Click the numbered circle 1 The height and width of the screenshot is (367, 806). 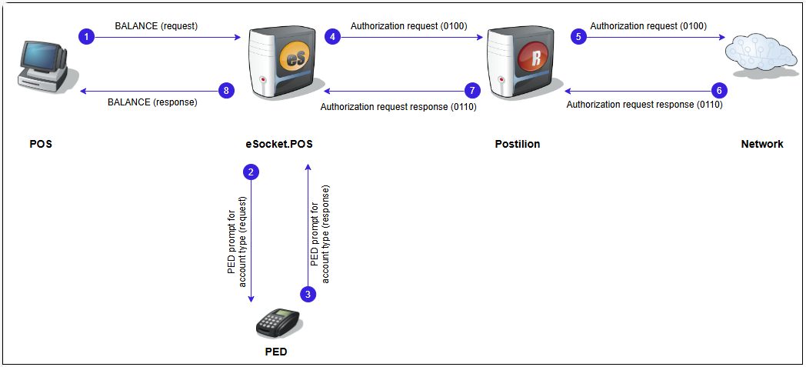point(88,36)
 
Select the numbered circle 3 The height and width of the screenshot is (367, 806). point(308,294)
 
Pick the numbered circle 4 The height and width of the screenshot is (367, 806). point(332,36)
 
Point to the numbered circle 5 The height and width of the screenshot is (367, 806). point(578,36)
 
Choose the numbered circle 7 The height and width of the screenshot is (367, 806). point(474,89)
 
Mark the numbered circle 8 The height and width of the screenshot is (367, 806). point(225,90)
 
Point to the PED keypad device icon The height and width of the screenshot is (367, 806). point(278,323)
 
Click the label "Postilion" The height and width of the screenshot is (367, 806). point(518,144)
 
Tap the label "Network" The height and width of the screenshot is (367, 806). point(762,144)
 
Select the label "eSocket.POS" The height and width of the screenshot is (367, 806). point(278,144)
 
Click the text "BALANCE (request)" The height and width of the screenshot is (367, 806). point(156,26)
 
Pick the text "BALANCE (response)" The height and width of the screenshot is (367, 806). point(152,102)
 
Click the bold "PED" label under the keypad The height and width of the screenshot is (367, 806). point(276,352)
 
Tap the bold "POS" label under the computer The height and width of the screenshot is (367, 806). point(41,144)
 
